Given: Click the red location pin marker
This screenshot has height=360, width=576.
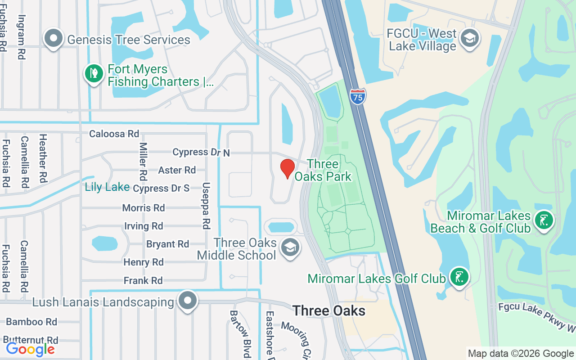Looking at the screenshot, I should point(287,169).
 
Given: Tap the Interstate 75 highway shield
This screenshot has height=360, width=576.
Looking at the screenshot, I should point(357,96).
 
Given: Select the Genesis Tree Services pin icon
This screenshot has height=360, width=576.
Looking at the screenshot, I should point(54,39).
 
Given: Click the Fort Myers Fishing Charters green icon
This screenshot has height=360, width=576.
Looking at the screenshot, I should point(94,73).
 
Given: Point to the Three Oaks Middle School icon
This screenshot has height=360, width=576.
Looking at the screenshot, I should point(290,247).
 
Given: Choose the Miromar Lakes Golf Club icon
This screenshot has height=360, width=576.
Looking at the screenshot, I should point(459,277).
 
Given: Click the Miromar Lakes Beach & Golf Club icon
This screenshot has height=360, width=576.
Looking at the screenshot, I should point(544,220).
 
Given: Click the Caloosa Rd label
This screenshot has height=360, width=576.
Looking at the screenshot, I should point(114,134).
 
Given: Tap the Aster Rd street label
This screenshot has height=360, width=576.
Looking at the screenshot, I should point(177,170).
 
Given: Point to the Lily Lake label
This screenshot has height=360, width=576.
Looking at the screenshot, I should point(107,187).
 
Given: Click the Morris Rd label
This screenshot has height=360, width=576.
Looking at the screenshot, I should point(144,208).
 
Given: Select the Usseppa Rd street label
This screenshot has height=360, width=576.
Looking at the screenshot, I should point(206,205).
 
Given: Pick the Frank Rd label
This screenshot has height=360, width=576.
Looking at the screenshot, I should point(143,281).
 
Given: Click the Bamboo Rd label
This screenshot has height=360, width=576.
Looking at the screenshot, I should point(31,322).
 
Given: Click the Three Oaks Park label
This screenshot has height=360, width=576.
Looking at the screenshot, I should point(323,170).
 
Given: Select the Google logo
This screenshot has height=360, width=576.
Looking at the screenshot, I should point(30,349).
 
